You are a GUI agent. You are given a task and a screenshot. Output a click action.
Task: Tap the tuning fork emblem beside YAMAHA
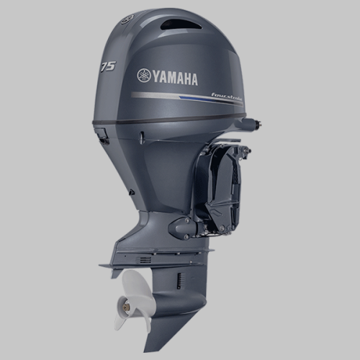(x=143, y=76)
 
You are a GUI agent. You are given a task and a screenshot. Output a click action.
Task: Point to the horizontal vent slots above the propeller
(x=145, y=259)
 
